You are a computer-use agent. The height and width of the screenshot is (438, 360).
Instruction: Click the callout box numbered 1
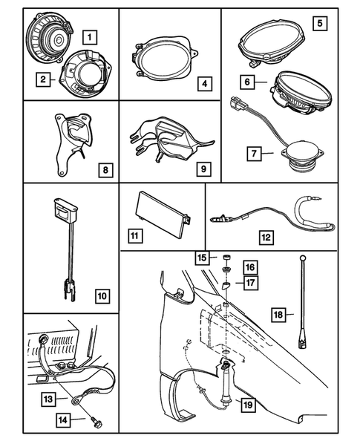[x=89, y=35]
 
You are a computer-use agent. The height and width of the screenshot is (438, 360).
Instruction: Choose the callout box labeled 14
[x=68, y=420]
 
